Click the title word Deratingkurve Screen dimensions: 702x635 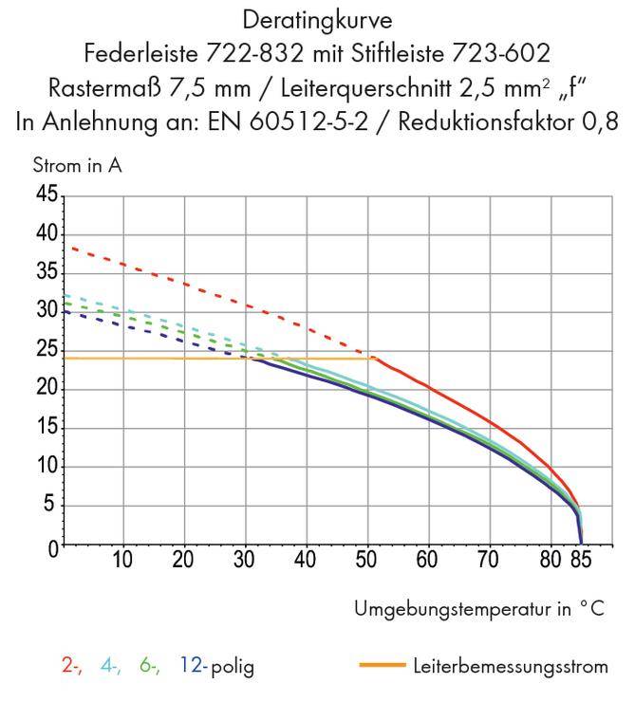[x=318, y=18]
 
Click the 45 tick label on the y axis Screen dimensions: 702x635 [x=45, y=195]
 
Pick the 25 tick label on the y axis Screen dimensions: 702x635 [x=45, y=350]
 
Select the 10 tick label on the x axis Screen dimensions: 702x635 [x=122, y=559]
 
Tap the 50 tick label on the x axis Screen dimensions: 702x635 [x=366, y=559]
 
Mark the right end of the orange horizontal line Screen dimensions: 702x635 [x=371, y=358]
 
